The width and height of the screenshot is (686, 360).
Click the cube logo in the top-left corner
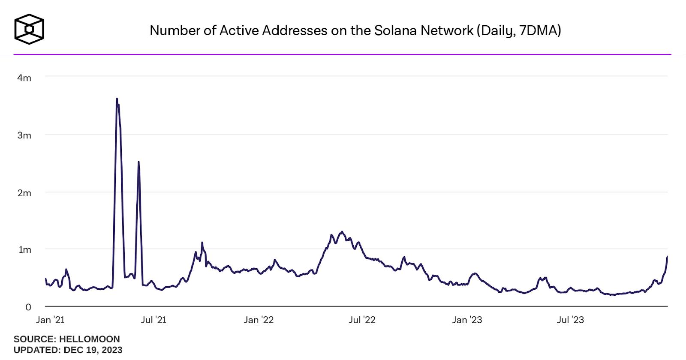pos(29,29)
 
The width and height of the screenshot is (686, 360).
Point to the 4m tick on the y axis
pos(24,78)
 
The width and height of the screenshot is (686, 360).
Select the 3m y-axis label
pos(24,135)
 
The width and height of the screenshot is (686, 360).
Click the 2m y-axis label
pos(24,193)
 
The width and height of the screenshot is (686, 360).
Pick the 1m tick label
pos(25,250)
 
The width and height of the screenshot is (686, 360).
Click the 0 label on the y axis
pos(28,307)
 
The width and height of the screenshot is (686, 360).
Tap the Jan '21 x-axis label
pos(50,320)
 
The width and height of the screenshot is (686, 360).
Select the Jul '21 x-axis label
pos(153,320)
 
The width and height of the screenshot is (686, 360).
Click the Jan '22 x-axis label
pos(259,320)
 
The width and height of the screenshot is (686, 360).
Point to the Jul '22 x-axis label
pos(362,320)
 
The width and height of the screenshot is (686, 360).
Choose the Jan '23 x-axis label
pos(467,320)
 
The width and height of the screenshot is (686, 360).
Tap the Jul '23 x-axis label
pos(570,320)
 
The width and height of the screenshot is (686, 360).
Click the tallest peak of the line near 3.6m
pos(117,99)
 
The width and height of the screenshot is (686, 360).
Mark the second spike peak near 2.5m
pos(138,162)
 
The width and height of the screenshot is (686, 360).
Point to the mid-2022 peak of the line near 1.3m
pos(342,232)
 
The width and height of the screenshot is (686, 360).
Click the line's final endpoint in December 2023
pos(667,257)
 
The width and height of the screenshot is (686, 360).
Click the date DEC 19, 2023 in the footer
pos(93,350)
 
